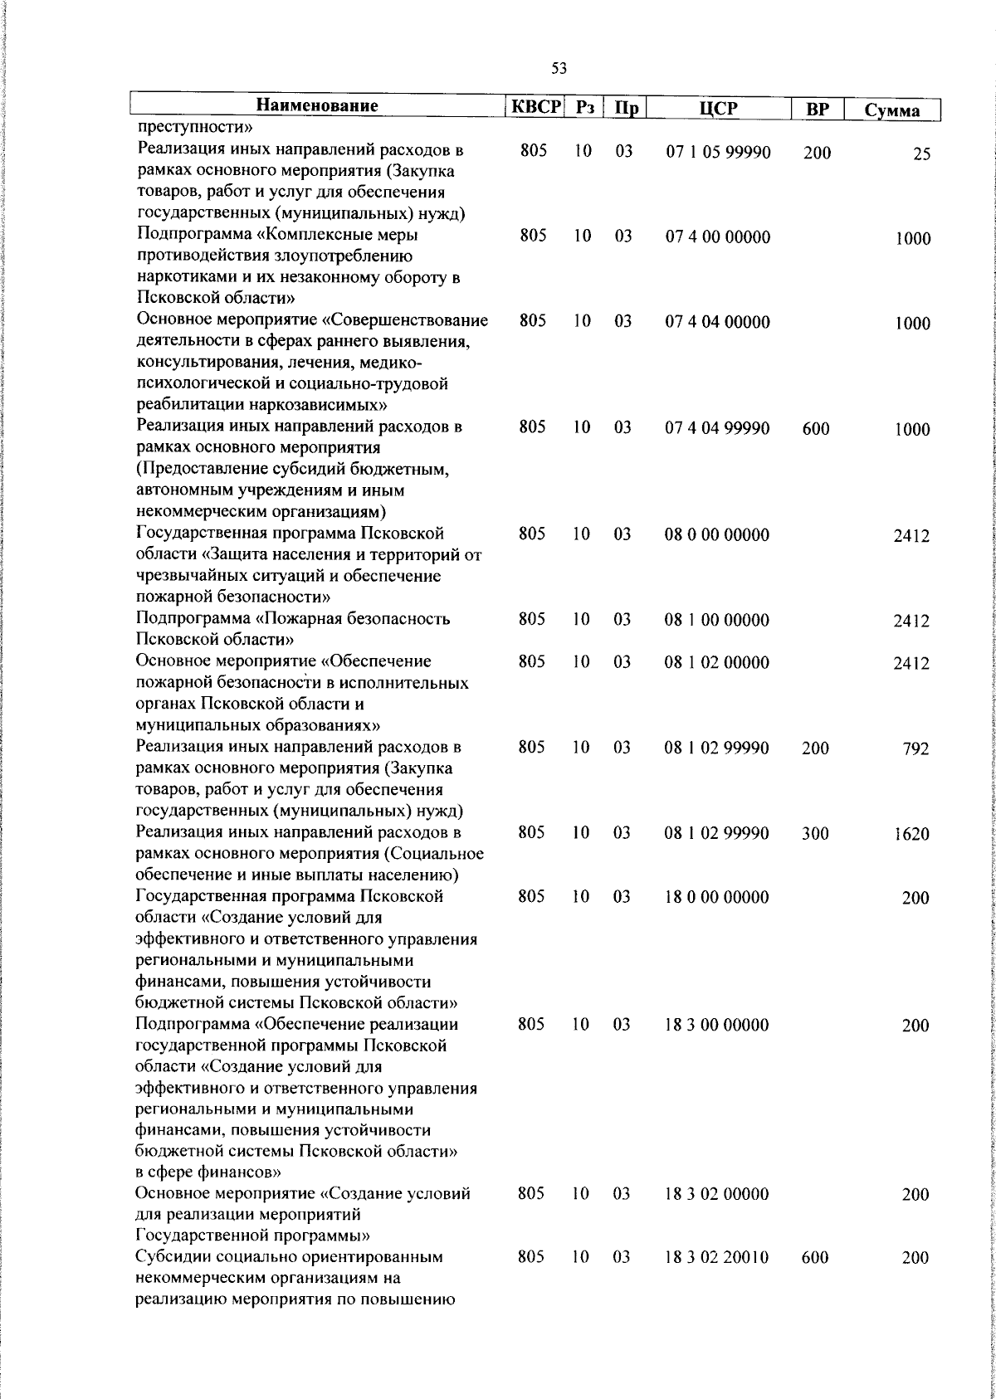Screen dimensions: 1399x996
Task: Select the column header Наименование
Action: (x=317, y=106)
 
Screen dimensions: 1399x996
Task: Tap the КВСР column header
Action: (x=535, y=107)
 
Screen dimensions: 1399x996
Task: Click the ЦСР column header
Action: (x=719, y=109)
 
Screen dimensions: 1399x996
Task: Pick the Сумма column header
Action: (x=891, y=110)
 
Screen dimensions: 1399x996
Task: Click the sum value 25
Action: (x=921, y=154)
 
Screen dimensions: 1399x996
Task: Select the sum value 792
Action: (x=915, y=749)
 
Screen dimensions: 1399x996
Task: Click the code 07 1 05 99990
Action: (x=718, y=152)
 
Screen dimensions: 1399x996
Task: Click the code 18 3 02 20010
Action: (x=716, y=1280)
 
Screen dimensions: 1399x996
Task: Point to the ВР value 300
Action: (x=815, y=834)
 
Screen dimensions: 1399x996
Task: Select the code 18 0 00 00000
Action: (x=716, y=897)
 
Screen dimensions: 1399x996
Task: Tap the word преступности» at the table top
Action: (x=195, y=128)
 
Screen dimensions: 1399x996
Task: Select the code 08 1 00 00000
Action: (x=716, y=620)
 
